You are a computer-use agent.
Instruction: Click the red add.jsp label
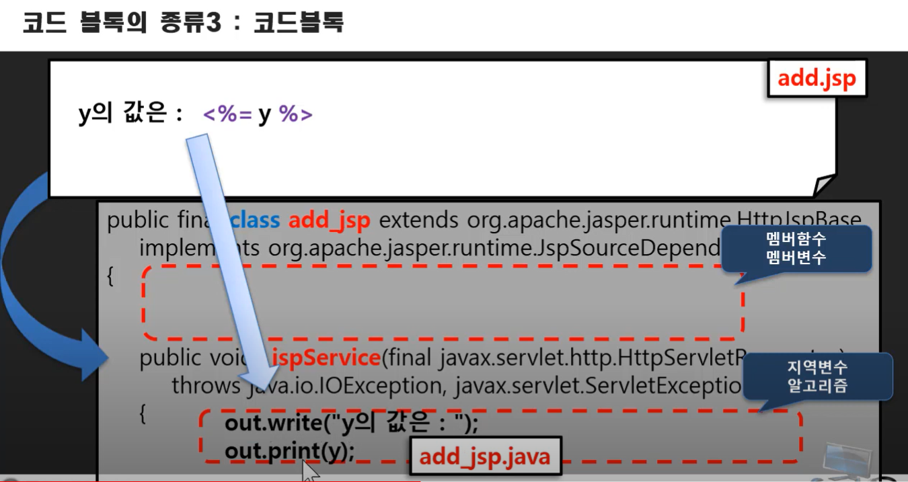pyautogui.click(x=817, y=79)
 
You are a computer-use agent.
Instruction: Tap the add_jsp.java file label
pyautogui.click(x=484, y=456)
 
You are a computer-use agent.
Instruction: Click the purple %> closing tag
pyautogui.click(x=296, y=115)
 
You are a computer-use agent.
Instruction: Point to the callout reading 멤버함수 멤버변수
pyautogui.click(x=796, y=247)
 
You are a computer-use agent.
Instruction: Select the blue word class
pyautogui.click(x=256, y=220)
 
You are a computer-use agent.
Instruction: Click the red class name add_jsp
pyautogui.click(x=329, y=220)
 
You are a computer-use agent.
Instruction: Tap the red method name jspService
pyautogui.click(x=326, y=358)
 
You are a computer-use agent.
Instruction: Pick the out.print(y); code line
pyautogui.click(x=289, y=451)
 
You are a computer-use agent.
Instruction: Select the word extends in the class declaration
pyautogui.click(x=419, y=220)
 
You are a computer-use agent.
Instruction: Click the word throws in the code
pyautogui.click(x=206, y=385)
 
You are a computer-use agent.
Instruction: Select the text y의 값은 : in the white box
pyautogui.click(x=130, y=115)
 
